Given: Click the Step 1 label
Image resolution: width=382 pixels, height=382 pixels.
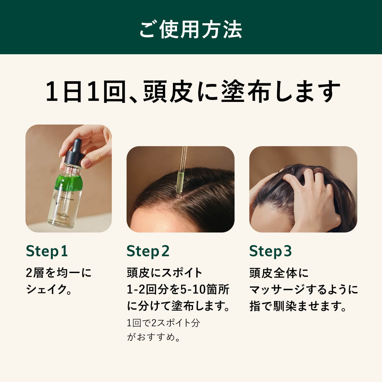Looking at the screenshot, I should [x=47, y=251].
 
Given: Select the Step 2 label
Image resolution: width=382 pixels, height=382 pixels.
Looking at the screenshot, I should [x=148, y=251].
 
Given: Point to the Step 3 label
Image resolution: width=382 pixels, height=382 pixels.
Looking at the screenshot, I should [x=270, y=251].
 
